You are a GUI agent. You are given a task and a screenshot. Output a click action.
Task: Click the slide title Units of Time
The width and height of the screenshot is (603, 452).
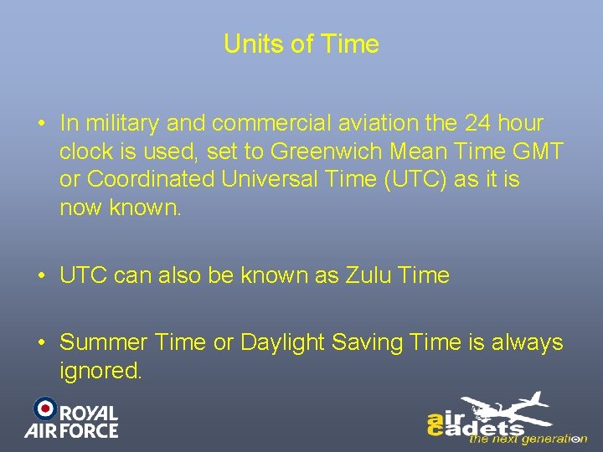(301, 44)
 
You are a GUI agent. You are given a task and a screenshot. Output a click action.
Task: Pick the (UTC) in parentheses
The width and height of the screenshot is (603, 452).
(409, 179)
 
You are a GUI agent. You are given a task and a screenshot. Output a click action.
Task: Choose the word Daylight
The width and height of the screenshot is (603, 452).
(283, 342)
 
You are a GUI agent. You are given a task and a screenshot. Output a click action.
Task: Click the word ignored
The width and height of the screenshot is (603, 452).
(101, 370)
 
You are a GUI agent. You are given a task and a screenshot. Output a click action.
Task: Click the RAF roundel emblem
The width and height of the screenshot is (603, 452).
(44, 408)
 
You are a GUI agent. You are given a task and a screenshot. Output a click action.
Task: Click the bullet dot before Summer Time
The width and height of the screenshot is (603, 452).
(41, 342)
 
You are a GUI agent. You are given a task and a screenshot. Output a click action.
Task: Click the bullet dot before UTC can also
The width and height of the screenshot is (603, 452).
(41, 275)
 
